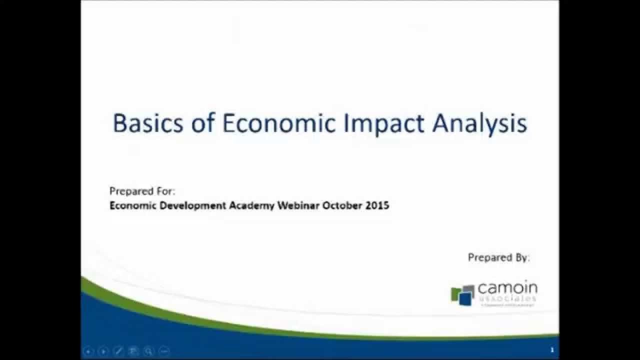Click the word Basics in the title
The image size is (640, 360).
pyautogui.click(x=148, y=123)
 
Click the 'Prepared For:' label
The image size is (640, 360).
pyautogui.click(x=142, y=191)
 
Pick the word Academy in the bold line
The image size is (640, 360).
pyautogui.click(x=251, y=205)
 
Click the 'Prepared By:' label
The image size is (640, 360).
pyautogui.click(x=498, y=257)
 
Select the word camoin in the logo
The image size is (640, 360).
pyautogui.click(x=507, y=288)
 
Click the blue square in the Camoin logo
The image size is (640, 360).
pyautogui.click(x=465, y=298)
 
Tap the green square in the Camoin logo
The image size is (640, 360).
pyautogui.click(x=455, y=293)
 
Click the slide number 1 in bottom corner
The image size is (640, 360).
pyautogui.click(x=551, y=350)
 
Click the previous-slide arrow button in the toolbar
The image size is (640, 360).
pyautogui.click(x=88, y=351)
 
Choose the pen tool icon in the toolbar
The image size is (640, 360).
pyautogui.click(x=118, y=351)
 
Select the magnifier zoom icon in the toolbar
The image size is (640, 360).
pyautogui.click(x=148, y=351)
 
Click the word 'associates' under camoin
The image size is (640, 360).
pyautogui.click(x=507, y=298)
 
